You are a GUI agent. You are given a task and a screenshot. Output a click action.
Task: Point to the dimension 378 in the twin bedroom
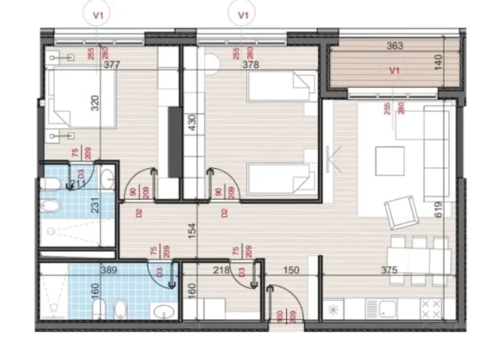252,66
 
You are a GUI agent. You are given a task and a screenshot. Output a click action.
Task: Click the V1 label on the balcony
392,71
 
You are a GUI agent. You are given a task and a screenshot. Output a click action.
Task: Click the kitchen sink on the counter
388,309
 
